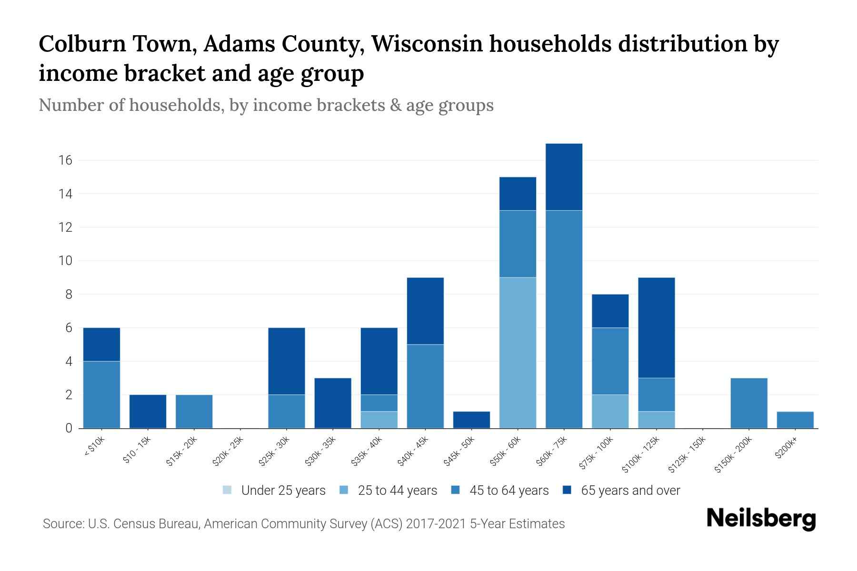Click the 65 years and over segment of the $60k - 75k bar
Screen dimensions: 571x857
pyautogui.click(x=564, y=177)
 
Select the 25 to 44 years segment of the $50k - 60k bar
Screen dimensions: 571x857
pyautogui.click(x=518, y=353)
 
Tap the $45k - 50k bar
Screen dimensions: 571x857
pyautogui.click(x=471, y=420)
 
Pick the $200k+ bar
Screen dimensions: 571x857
pyautogui.click(x=795, y=420)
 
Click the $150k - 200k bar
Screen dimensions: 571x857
pyautogui.click(x=748, y=403)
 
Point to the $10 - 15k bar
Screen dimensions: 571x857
pyautogui.click(x=148, y=412)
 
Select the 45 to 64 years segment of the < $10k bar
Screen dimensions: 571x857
pyautogui.click(x=101, y=394)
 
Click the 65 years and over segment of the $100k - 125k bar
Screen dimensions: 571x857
pyautogui.click(x=656, y=327)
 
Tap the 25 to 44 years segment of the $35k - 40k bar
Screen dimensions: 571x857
pyautogui.click(x=379, y=420)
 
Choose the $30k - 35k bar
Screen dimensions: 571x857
pyautogui.click(x=333, y=403)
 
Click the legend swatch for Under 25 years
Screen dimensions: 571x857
pyautogui.click(x=228, y=490)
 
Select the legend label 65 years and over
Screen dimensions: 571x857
pyautogui.click(x=630, y=491)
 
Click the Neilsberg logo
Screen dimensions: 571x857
pyautogui.click(x=761, y=519)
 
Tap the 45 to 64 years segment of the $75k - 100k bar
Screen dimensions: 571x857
pyautogui.click(x=610, y=361)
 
